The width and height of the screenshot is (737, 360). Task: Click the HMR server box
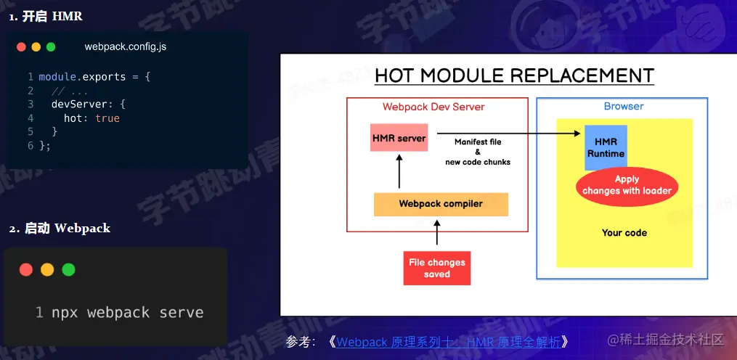tap(398, 137)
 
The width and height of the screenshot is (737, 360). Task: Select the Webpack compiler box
tap(441, 204)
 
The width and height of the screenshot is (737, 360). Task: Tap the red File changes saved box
tap(437, 268)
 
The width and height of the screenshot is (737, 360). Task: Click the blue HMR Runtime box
tap(606, 147)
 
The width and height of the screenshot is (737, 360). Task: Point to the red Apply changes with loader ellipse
tap(627, 185)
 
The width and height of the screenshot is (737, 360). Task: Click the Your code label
tap(624, 233)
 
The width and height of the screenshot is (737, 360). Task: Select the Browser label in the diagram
tap(624, 106)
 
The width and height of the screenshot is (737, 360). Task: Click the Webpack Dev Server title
tap(433, 107)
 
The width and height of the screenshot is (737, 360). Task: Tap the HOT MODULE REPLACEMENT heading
tap(514, 75)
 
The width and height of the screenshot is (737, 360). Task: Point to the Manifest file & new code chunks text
tap(477, 152)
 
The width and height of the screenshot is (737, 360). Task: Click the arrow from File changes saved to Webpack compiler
tap(437, 234)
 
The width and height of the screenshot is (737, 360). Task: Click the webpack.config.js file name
tap(126, 46)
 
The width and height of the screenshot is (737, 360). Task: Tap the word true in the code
tap(107, 118)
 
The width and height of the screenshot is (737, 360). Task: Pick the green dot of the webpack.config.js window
tap(51, 47)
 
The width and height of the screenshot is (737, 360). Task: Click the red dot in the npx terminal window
tap(26, 270)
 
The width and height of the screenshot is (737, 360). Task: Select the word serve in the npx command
tap(182, 313)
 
